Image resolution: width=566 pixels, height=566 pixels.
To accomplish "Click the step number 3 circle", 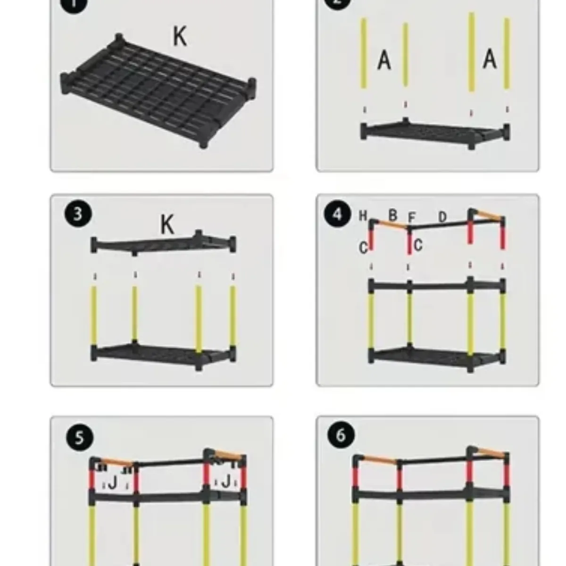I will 78,214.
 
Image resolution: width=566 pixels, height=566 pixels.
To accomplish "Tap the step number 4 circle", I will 337,215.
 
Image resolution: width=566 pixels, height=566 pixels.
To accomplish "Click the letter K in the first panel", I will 180,36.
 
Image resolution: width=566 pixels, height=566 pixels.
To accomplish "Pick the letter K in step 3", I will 167,225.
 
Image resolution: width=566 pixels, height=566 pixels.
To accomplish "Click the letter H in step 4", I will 363,216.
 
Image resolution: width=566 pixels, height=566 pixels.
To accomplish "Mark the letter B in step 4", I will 392,215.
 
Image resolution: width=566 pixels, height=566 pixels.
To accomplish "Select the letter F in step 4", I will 411,217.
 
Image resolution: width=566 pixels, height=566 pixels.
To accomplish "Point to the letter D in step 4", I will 442,217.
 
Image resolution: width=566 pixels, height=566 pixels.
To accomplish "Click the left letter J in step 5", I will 113,482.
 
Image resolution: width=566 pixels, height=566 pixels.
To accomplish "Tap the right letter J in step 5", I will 226,482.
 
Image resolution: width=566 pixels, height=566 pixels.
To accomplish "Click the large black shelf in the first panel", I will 158,90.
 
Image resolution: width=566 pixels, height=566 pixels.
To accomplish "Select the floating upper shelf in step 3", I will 163,244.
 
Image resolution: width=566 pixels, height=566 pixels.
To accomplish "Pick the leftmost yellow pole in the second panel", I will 364,53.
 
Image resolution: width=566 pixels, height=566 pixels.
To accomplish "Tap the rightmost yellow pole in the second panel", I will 507,53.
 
